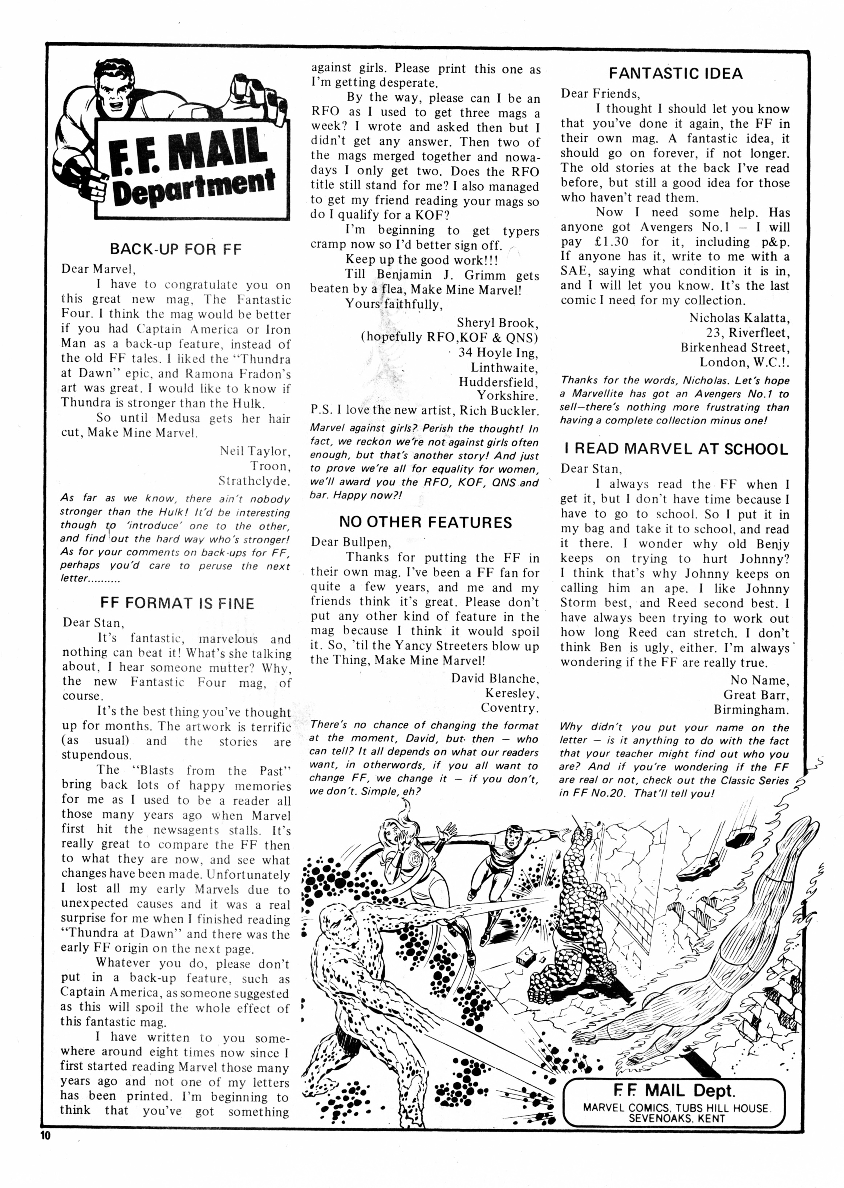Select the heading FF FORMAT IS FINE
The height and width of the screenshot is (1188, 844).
[x=177, y=603]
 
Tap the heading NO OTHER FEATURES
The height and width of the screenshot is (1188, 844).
[x=425, y=522]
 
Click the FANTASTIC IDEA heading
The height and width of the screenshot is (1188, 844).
[x=675, y=73]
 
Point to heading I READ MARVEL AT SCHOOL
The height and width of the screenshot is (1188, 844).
[x=675, y=449]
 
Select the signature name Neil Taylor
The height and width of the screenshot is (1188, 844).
[x=253, y=451]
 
